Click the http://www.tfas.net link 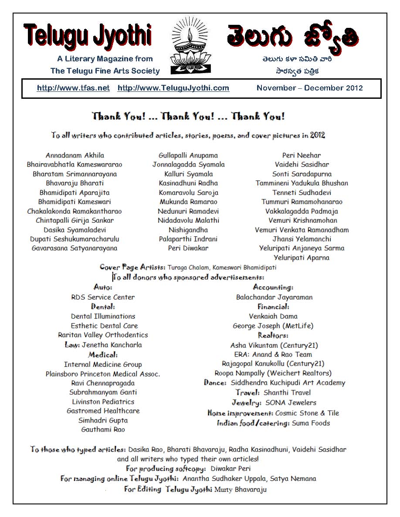coord(73,88)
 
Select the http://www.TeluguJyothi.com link coord(173,88)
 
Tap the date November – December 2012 coord(309,88)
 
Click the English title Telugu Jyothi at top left coord(88,36)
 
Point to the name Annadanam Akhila coord(75,155)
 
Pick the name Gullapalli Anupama coord(188,155)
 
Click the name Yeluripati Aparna coord(302,258)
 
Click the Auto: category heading coord(103,287)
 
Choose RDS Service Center coord(103,297)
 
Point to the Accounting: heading coord(273,287)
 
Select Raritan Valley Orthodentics coord(103,335)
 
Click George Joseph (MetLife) coord(273,326)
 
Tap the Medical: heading coord(103,355)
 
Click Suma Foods coord(311,423)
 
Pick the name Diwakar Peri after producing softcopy coord(231,469)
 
